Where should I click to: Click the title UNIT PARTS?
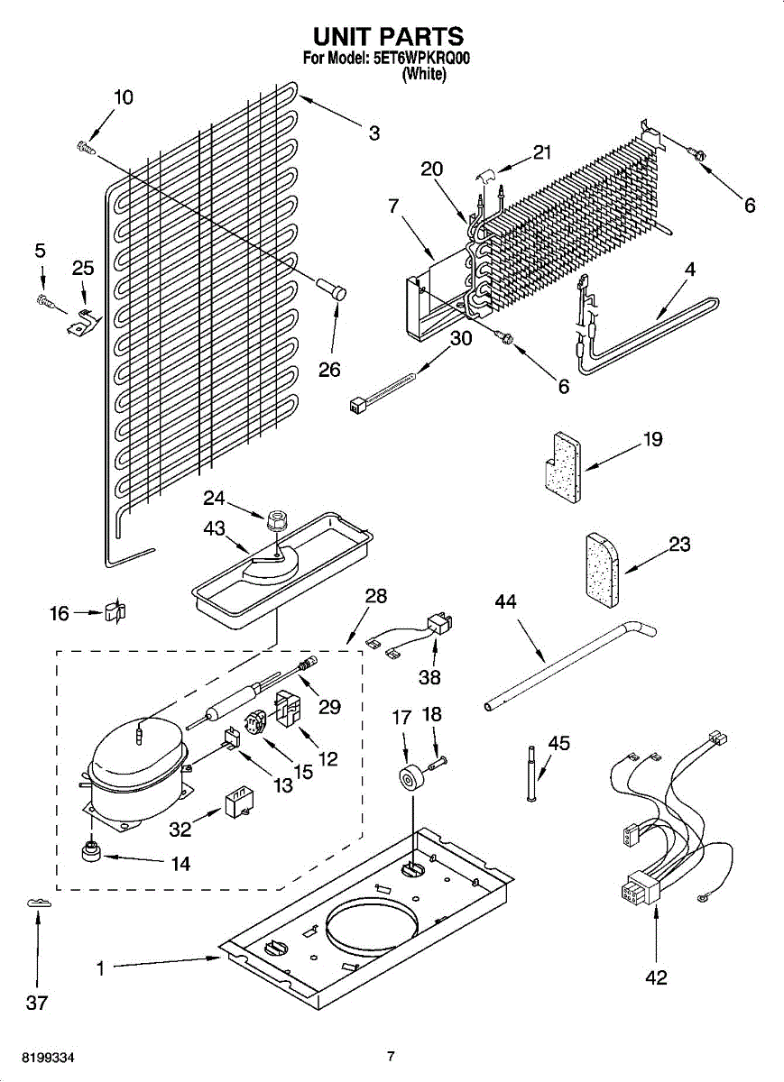388,36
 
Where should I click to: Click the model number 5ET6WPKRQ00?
421,60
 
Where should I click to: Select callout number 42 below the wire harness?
656,977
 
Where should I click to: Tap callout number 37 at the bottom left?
36,1002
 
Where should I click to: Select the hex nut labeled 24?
277,519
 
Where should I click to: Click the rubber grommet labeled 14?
91,849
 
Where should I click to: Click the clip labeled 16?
115,612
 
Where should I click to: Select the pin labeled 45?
531,771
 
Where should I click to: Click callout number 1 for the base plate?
101,968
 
